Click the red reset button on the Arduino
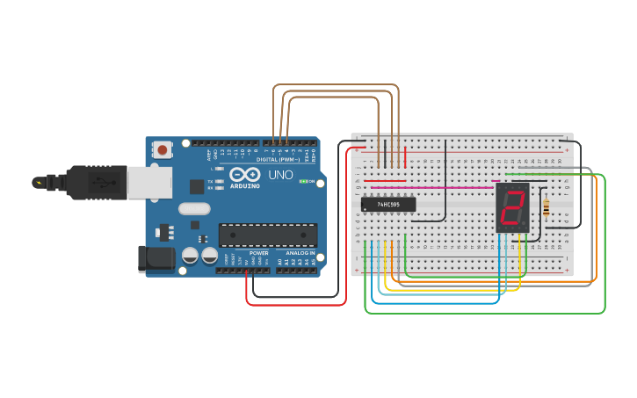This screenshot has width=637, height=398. click(163, 149)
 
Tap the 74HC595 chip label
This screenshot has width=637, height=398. click(388, 205)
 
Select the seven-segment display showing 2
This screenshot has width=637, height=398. click(512, 208)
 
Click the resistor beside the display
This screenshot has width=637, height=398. click(548, 207)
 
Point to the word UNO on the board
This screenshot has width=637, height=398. click(280, 175)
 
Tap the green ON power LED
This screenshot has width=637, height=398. click(303, 181)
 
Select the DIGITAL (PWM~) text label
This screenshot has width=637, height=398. click(278, 159)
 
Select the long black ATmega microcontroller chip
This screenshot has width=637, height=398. click(268, 235)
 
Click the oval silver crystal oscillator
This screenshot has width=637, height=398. click(194, 209)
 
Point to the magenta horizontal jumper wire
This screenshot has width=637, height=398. click(431, 187)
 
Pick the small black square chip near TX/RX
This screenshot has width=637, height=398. click(197, 186)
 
